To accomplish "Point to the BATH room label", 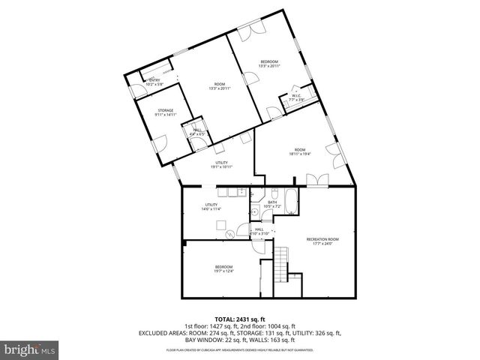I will coord(272,202).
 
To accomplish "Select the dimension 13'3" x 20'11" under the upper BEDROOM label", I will coord(269,66).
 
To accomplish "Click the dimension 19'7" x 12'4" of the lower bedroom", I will coord(224,271).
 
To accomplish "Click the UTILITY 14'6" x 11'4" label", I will coord(211,208).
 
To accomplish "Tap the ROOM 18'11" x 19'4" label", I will coord(300,153).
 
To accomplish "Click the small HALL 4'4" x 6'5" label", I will coord(197,133).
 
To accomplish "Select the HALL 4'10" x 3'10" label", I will coord(259,232).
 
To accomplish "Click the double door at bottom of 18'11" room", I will coord(318,180).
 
